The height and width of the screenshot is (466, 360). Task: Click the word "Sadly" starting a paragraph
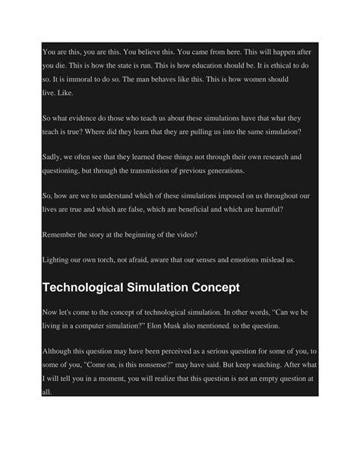click(53, 157)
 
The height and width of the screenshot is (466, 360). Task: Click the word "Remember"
click(65, 236)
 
